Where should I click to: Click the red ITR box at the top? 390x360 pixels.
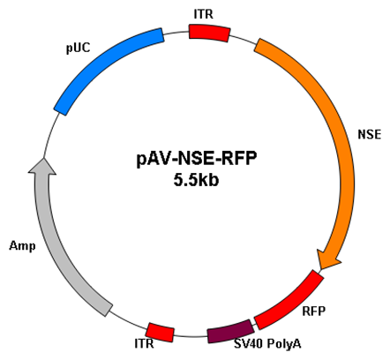[x=209, y=33]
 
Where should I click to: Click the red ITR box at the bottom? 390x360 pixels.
[x=161, y=333]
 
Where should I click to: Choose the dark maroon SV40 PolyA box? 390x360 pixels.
[x=230, y=332]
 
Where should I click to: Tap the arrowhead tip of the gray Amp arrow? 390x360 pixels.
[x=43, y=158]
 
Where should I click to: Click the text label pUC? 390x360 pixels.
[x=79, y=48]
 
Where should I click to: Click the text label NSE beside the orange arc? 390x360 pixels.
[x=370, y=134]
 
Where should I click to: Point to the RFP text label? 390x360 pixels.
[x=314, y=311]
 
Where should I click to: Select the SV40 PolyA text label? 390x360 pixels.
[x=267, y=343]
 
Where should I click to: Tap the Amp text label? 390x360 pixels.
[x=22, y=245]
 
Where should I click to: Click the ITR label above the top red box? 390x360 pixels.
[x=204, y=14]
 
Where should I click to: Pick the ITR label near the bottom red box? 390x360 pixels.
[x=144, y=343]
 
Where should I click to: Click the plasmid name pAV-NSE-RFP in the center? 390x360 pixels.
[x=197, y=159]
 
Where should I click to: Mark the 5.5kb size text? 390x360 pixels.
[x=196, y=180]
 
